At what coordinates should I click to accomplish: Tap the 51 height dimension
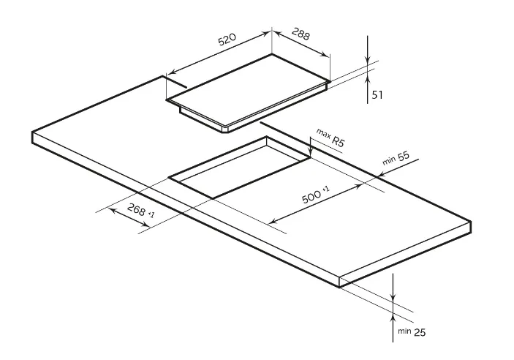[377, 94]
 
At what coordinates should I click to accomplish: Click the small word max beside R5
[322, 132]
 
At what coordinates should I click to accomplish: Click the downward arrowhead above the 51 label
[368, 61]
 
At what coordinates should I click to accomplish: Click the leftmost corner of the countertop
[33, 135]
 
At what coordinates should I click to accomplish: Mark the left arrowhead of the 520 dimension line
[171, 72]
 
